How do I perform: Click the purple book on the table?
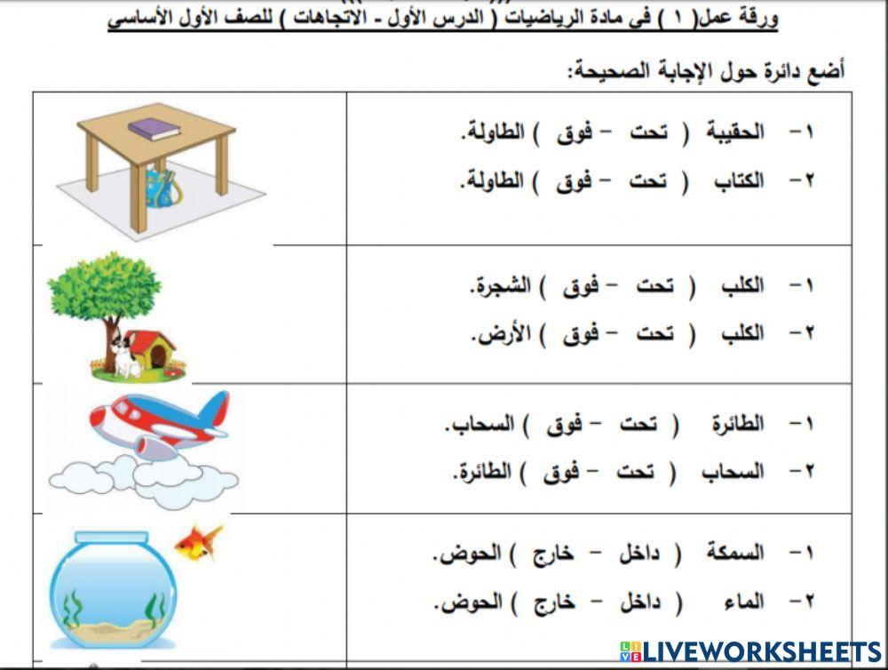(x=154, y=129)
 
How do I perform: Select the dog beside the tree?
(x=124, y=353)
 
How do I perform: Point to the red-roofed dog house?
(x=155, y=349)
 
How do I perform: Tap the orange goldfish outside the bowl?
(x=197, y=542)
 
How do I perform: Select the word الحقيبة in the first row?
(x=734, y=133)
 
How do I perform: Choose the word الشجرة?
(x=499, y=286)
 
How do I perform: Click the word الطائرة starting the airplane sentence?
(x=737, y=424)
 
